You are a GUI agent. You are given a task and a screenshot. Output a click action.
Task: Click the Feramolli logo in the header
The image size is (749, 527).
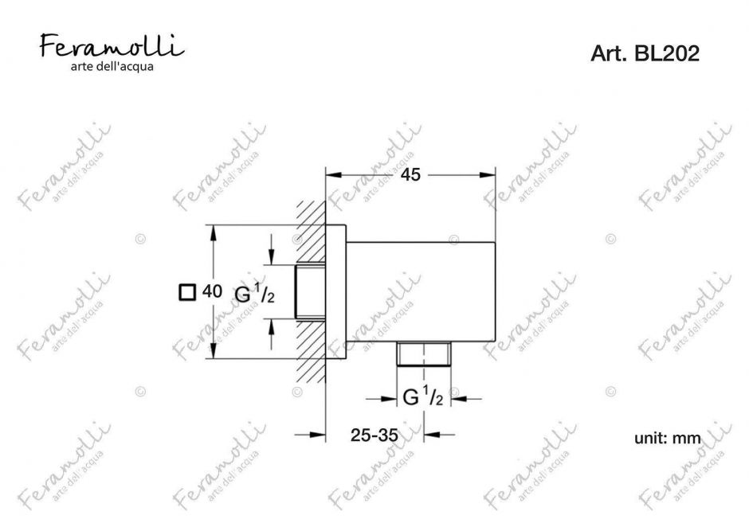112,45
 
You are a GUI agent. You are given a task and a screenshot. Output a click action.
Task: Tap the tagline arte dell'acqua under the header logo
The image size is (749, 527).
112,66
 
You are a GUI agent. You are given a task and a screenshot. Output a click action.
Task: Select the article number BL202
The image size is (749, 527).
667,53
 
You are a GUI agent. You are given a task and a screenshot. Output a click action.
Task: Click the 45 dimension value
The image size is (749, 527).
410,174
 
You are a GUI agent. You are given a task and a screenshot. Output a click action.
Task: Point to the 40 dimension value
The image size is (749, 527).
212,291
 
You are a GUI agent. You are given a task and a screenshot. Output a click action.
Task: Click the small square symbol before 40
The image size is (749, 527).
187,292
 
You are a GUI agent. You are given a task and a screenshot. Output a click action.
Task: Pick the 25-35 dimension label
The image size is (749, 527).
374,435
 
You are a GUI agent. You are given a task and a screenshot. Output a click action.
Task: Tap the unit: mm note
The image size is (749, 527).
667,438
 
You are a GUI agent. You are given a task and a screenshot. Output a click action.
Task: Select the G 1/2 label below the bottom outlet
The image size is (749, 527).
423,396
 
